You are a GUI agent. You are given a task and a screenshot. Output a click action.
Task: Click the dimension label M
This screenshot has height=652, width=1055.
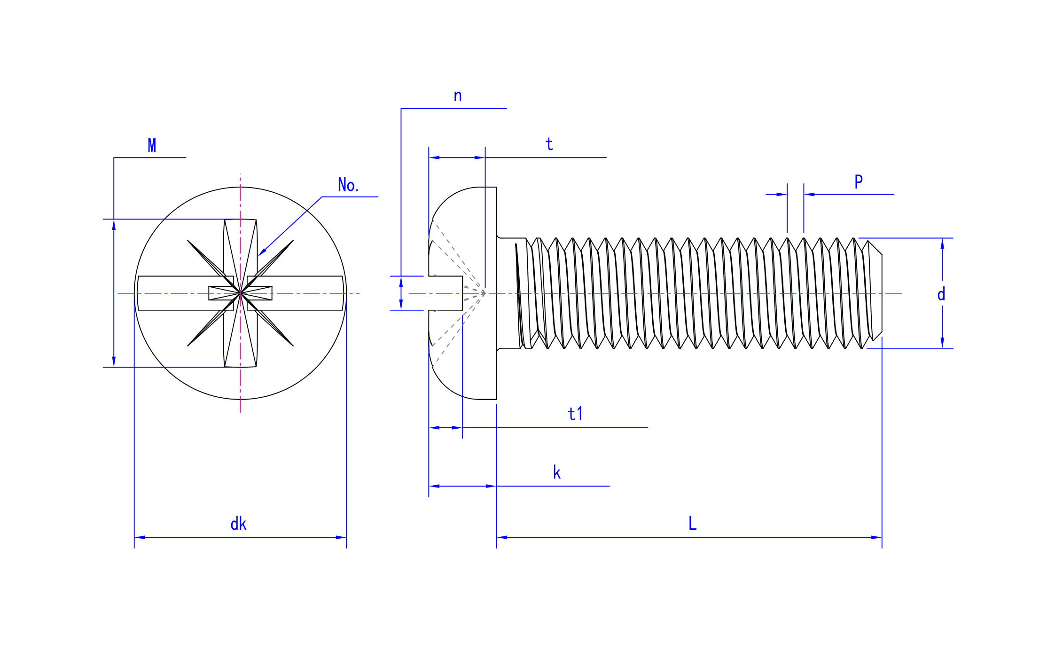click(x=152, y=145)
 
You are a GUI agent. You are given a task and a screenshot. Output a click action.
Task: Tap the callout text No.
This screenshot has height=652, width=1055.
click(x=348, y=185)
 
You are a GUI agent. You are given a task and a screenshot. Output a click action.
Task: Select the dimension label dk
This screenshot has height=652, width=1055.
click(x=238, y=524)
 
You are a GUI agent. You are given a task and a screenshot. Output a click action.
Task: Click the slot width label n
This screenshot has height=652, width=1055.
click(x=458, y=96)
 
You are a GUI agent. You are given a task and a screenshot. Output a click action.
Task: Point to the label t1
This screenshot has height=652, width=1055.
click(x=575, y=414)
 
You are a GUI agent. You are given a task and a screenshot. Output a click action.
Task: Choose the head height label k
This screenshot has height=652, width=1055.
click(x=557, y=472)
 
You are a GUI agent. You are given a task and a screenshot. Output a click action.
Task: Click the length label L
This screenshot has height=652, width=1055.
click(x=693, y=523)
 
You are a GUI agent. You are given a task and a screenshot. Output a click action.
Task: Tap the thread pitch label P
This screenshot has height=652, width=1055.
click(x=859, y=181)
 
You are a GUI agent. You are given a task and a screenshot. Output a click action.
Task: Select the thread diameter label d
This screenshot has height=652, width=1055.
click(x=941, y=294)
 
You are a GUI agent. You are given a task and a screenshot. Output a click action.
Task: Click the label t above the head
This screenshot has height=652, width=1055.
click(x=549, y=144)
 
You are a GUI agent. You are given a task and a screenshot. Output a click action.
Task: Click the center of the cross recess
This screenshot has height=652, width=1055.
click(x=240, y=293)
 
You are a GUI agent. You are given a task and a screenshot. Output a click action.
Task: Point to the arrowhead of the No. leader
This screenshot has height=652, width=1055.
click(x=262, y=252)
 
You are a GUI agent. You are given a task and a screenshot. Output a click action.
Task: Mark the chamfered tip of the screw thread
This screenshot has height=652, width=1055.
click(x=875, y=291)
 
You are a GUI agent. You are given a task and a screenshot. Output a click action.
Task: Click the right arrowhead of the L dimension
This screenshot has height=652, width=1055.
click(x=876, y=537)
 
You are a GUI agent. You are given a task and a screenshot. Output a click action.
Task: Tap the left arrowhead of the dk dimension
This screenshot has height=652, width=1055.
click(x=140, y=537)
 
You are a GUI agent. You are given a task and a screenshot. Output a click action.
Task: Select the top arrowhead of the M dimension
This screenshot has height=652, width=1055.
click(x=114, y=225)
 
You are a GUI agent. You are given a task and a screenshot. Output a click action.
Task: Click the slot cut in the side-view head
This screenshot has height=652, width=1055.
click(x=445, y=293)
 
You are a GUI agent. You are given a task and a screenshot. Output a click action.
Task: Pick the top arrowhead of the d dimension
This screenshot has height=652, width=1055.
click(x=942, y=244)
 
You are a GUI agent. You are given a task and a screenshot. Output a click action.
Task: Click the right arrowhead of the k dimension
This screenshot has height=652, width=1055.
click(x=491, y=486)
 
